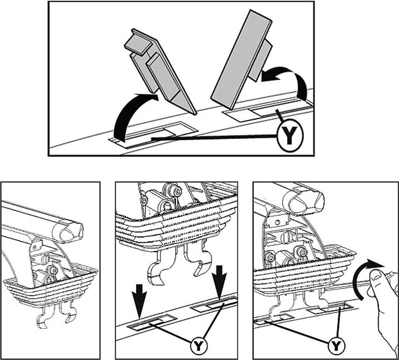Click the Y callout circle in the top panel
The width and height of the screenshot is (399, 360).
tap(290, 135)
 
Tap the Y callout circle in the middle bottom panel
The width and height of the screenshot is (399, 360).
tap(199, 346)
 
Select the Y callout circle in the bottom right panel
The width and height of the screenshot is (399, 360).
tap(336, 346)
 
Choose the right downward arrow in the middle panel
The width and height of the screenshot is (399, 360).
tap(219, 282)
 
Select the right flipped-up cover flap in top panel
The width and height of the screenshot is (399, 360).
tap(242, 59)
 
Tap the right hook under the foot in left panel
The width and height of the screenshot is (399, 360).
tap(68, 312)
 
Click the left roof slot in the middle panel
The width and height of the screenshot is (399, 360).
tap(152, 323)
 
